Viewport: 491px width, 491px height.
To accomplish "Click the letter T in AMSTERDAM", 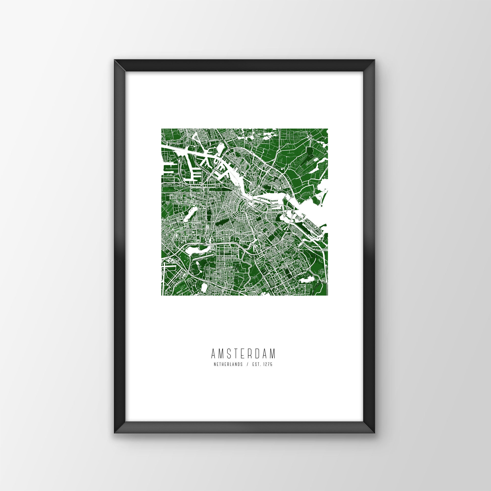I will point(236,354).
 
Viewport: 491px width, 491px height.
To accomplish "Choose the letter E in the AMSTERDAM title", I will point(243,354).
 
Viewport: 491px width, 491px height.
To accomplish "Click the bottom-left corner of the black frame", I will point(115,425).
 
